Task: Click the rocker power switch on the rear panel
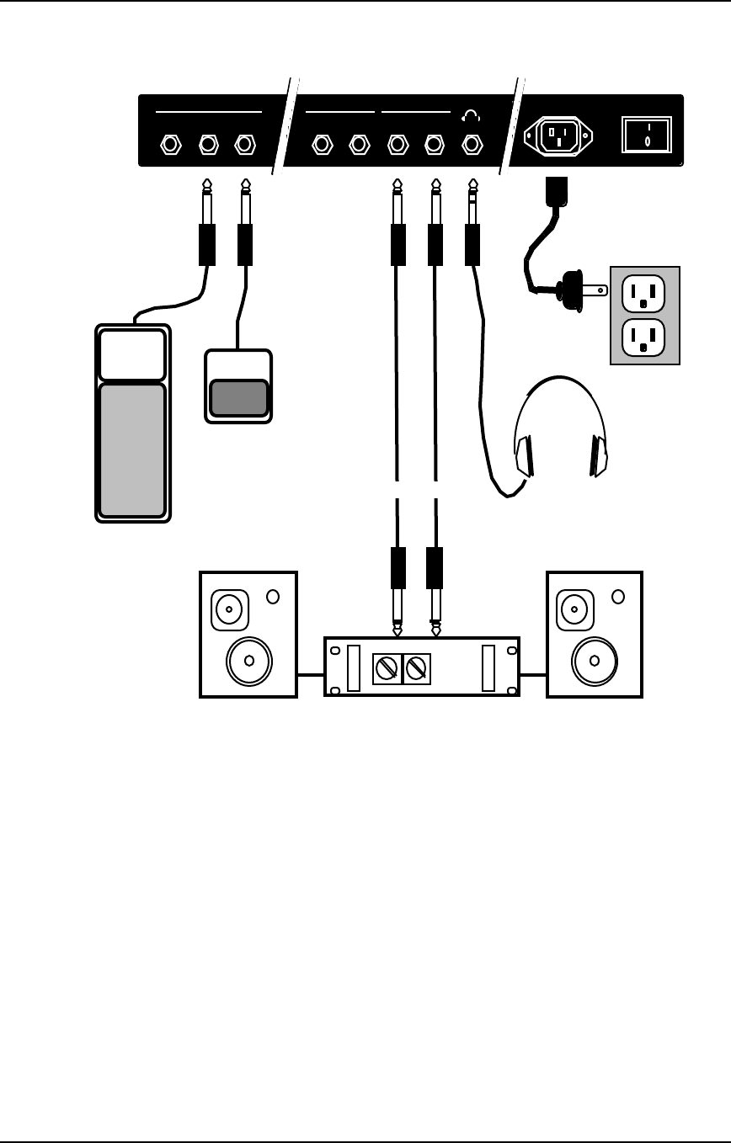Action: pyautogui.click(x=647, y=135)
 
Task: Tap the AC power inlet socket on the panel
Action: pyautogui.click(x=558, y=135)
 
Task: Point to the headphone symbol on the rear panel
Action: pyautogui.click(x=471, y=116)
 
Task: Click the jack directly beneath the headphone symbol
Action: pyautogui.click(x=472, y=145)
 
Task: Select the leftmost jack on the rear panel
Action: pyautogui.click(x=170, y=145)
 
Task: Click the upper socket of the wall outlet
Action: pyautogui.click(x=643, y=294)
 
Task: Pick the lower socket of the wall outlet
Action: pyautogui.click(x=643, y=338)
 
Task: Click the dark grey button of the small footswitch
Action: pyautogui.click(x=238, y=398)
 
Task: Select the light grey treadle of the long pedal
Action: pyautogui.click(x=132, y=449)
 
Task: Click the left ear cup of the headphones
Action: pyautogui.click(x=524, y=456)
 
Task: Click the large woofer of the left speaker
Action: pyautogui.click(x=248, y=661)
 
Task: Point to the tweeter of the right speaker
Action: pyautogui.click(x=575, y=608)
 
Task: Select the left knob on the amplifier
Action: pyautogui.click(x=387, y=669)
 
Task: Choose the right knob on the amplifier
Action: pyautogui.click(x=417, y=669)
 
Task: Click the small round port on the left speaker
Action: pyautogui.click(x=272, y=597)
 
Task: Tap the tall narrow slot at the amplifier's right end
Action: pyautogui.click(x=488, y=667)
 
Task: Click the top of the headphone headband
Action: pyautogui.click(x=560, y=380)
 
